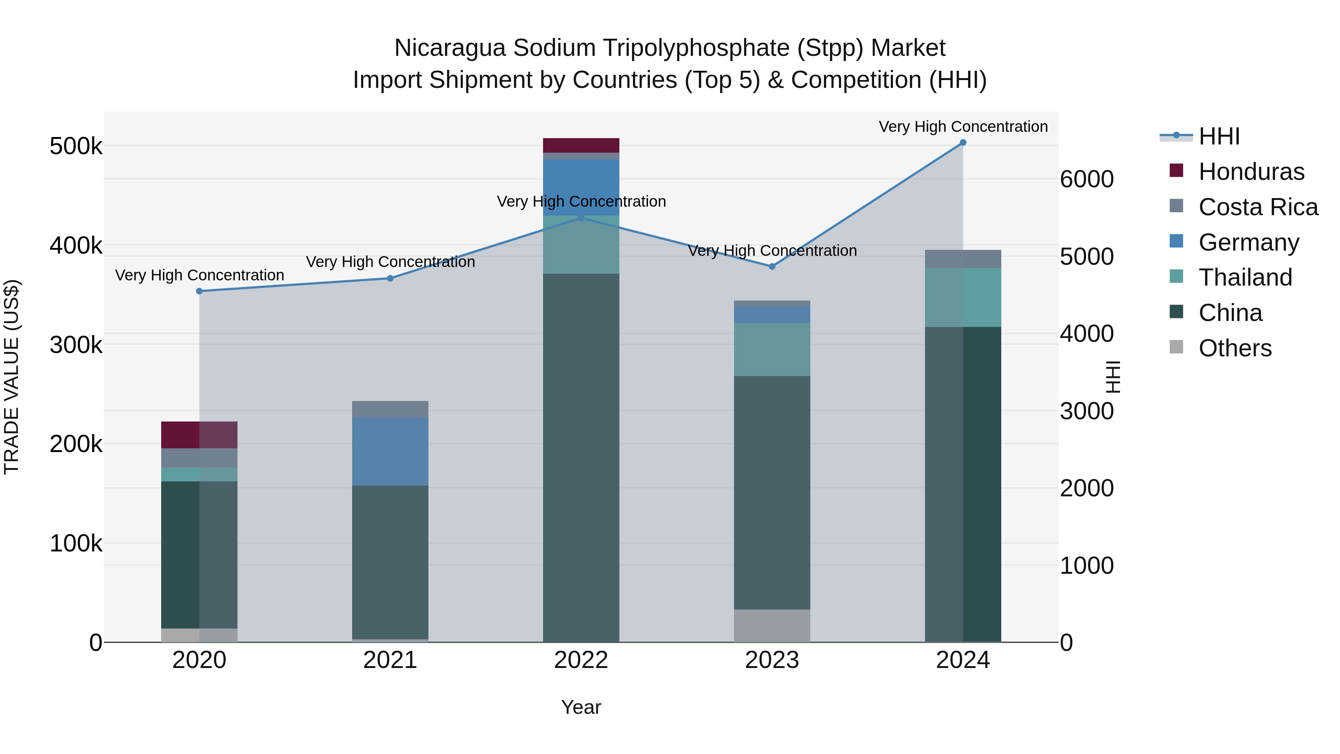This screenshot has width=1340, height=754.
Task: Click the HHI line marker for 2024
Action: (963, 143)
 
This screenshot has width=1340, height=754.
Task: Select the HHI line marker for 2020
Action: (199, 292)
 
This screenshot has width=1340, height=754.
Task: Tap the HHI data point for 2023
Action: (772, 267)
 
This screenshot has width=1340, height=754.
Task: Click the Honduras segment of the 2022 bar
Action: (581, 145)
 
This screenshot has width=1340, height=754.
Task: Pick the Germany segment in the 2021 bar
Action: (390, 451)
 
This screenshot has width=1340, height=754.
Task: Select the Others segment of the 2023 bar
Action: (772, 626)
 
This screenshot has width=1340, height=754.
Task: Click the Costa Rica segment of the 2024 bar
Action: (963, 259)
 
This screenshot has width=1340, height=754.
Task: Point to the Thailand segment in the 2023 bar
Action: (772, 349)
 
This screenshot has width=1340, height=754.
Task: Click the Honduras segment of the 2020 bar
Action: (199, 435)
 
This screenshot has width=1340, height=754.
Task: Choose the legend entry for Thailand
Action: (1245, 277)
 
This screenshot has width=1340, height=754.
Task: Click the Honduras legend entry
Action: (1251, 172)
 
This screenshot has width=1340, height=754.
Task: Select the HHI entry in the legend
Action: (1219, 136)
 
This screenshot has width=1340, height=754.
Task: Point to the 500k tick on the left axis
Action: (76, 146)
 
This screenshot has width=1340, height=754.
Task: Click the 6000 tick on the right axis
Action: (1087, 179)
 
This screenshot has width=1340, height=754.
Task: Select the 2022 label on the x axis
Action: (581, 660)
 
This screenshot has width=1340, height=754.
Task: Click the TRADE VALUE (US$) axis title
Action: (12, 377)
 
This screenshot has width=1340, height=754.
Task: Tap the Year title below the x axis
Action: (581, 707)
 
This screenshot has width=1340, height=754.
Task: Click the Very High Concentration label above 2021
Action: (390, 262)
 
